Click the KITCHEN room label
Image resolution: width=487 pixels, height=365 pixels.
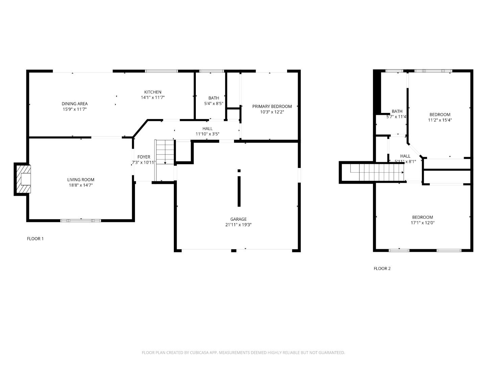(x=153, y=92)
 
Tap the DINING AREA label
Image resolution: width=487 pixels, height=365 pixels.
(x=74, y=104)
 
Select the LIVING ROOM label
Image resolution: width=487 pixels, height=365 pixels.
(x=80, y=180)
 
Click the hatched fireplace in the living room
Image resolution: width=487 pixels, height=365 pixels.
(x=23, y=179)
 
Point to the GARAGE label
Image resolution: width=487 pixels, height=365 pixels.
(x=238, y=219)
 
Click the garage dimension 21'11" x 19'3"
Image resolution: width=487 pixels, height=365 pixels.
(x=238, y=224)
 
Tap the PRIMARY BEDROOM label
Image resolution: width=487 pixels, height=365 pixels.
(x=272, y=106)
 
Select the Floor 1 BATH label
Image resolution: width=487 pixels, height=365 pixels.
(x=213, y=98)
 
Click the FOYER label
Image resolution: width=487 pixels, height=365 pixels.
(x=144, y=157)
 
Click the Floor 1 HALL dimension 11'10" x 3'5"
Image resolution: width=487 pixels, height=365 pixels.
(x=207, y=134)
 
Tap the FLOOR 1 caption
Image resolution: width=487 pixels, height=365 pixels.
(x=35, y=239)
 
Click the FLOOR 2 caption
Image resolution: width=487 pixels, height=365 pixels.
(x=382, y=269)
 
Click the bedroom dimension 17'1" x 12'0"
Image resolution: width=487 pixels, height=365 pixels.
(x=422, y=223)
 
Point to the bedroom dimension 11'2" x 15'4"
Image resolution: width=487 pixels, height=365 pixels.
(x=440, y=120)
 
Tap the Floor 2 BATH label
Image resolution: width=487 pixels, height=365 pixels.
(x=397, y=111)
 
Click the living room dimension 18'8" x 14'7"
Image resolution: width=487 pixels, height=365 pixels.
(x=80, y=185)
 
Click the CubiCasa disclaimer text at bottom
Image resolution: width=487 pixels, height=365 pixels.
(x=243, y=352)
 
